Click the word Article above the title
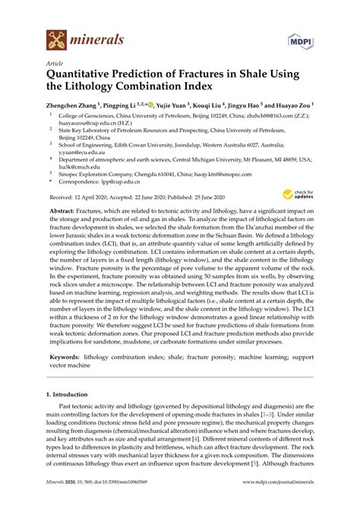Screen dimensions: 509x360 [x=55, y=64]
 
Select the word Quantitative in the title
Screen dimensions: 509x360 [x=86, y=75]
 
